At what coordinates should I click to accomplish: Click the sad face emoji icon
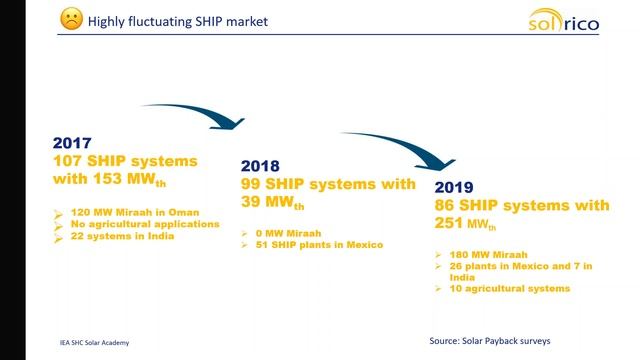70,21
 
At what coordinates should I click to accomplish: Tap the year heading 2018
259,167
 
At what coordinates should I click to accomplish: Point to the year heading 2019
453,188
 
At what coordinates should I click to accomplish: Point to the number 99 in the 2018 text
253,184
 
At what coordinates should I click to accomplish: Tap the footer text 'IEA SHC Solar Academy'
95,342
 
